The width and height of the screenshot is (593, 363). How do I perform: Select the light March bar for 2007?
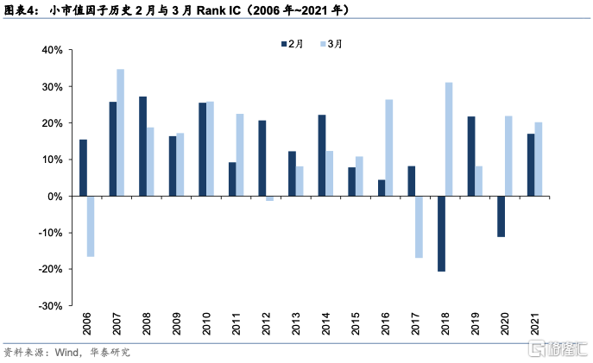tap(120, 133)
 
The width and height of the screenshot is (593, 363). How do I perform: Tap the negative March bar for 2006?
tap(91, 226)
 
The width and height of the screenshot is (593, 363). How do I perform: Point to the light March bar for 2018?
tap(449, 140)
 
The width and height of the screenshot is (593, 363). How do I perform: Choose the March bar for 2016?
tap(389, 148)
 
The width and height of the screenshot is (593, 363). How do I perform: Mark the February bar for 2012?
tap(262, 159)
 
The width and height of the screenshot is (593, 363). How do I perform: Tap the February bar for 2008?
tap(142, 147)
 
